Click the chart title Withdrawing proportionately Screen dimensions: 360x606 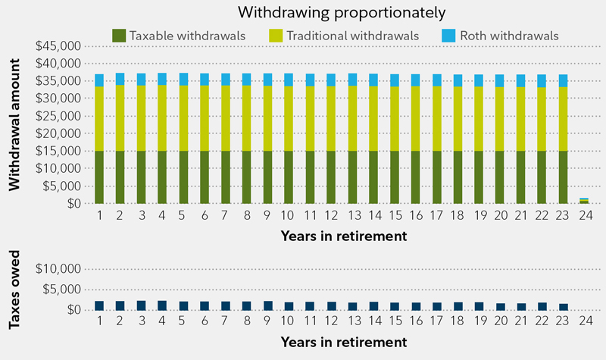point(340,12)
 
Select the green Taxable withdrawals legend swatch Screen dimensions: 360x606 point(120,35)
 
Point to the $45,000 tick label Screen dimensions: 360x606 point(59,45)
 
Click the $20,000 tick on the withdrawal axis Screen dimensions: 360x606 point(59,133)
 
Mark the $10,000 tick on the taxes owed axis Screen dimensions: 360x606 point(59,269)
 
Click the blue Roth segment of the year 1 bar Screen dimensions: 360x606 point(99,80)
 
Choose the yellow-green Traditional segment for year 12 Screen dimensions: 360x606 point(330,118)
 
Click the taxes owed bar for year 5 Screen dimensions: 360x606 point(183,305)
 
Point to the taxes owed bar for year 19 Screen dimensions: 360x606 point(478,306)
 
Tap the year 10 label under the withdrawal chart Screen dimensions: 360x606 point(288,216)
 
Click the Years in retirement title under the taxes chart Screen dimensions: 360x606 point(344,342)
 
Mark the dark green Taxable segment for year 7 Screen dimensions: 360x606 point(225,177)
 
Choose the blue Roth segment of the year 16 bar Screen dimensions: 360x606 point(414,80)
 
